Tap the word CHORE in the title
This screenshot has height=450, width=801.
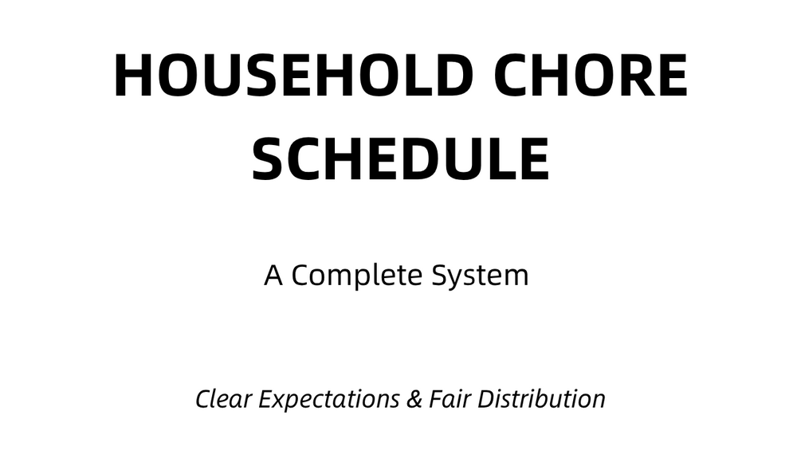(x=591, y=75)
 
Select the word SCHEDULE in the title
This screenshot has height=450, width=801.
(x=400, y=158)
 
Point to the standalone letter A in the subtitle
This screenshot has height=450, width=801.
(x=273, y=276)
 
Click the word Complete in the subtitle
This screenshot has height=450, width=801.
(x=357, y=276)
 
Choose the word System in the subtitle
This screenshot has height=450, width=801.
(x=480, y=276)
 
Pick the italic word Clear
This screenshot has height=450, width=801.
(x=224, y=399)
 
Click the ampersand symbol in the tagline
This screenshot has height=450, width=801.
(x=414, y=399)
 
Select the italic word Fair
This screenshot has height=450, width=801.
(x=450, y=399)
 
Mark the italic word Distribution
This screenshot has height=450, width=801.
(x=541, y=399)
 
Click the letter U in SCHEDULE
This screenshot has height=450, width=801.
(x=459, y=159)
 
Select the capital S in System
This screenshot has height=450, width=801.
(x=440, y=276)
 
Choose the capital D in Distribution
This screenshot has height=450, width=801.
(x=487, y=399)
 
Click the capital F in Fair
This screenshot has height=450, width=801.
(x=437, y=399)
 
